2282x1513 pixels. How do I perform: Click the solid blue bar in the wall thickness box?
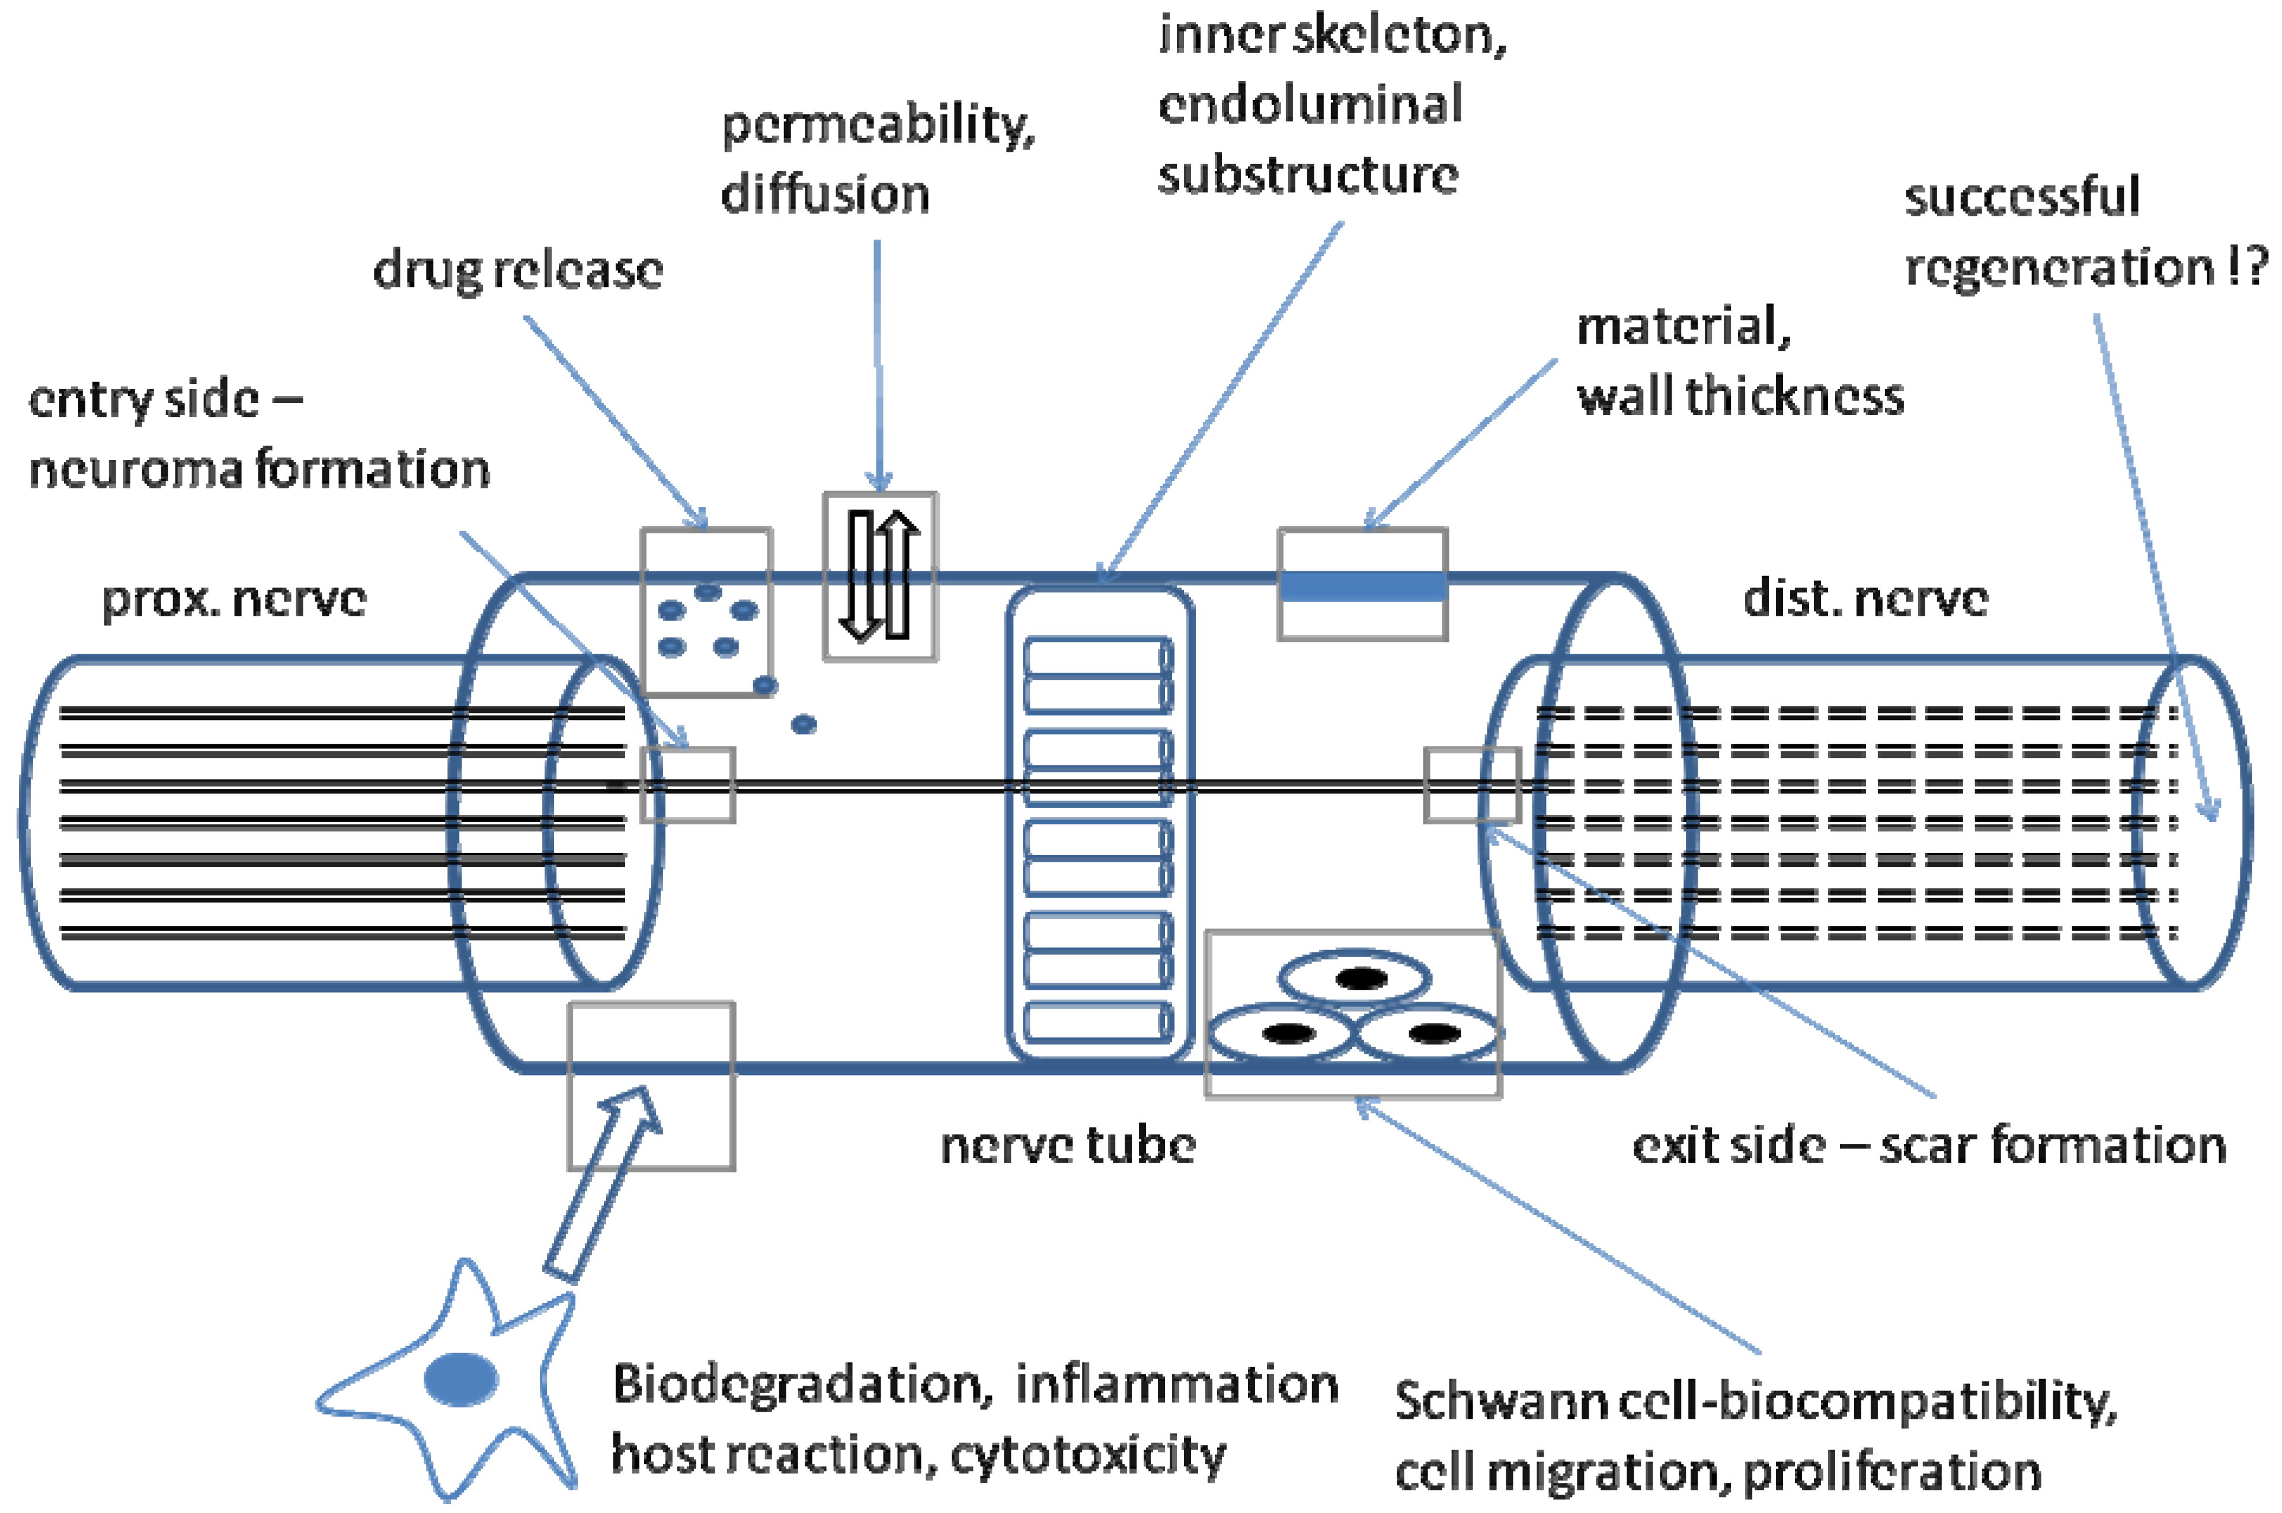point(1362,587)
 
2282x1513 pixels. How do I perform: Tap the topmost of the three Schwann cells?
point(1355,980)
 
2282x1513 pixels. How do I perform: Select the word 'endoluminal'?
point(1310,104)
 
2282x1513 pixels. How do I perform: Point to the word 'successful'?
point(2021,197)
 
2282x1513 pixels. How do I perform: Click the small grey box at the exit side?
point(1471,785)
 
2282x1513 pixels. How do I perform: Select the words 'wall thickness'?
point(1740,396)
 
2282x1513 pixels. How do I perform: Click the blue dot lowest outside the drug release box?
point(804,724)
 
